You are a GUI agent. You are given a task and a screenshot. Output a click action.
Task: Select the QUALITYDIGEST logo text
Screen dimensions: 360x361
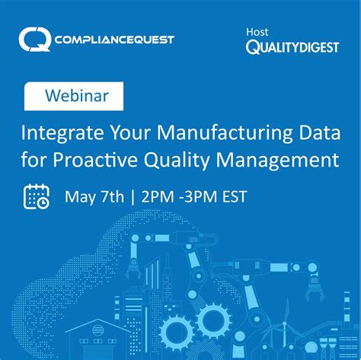pos(292,47)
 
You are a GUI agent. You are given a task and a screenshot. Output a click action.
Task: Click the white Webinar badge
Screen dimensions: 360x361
pos(76,97)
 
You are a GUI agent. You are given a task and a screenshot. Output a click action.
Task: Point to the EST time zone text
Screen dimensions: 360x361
pos(232,196)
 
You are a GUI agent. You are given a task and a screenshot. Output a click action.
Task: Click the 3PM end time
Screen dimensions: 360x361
pos(198,196)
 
